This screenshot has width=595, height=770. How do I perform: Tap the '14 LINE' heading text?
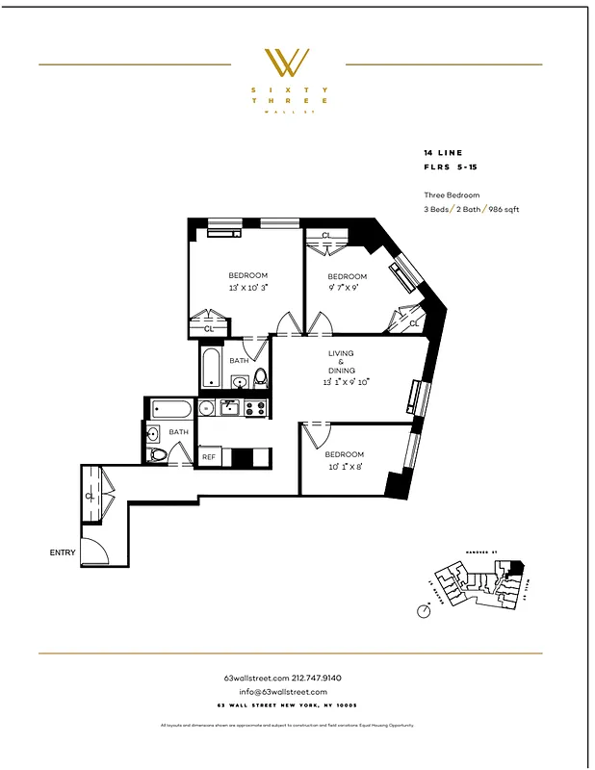[443, 152]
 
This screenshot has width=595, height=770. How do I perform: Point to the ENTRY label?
[63, 552]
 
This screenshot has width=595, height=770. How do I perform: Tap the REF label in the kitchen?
[209, 457]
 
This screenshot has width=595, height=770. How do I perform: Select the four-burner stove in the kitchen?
[255, 408]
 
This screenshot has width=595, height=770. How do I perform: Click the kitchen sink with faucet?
[230, 408]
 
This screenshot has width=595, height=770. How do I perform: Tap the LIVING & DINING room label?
[341, 362]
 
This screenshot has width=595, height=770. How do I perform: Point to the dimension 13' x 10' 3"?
[247, 288]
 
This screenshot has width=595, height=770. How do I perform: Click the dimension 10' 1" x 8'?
[344, 467]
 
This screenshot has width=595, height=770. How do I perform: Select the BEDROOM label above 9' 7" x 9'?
[348, 275]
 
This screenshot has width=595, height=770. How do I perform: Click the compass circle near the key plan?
[424, 609]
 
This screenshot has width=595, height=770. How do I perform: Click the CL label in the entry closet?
[90, 497]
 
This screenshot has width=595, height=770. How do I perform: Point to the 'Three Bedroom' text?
[451, 195]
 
